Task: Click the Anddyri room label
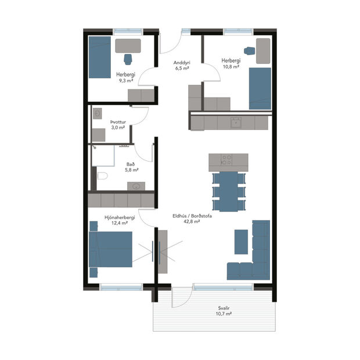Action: [x=182, y=62]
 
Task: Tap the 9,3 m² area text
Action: [x=126, y=81]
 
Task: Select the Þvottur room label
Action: [x=117, y=121]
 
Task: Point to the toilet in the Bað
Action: [x=101, y=177]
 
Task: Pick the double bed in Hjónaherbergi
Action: [x=112, y=249]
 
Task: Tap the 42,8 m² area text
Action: [x=192, y=221]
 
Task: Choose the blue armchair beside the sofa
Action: [x=241, y=242]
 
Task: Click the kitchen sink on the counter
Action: [x=236, y=122]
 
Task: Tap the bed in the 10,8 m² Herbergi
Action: [x=260, y=88]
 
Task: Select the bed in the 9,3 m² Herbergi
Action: [x=99, y=57]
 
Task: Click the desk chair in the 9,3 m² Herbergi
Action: [x=128, y=58]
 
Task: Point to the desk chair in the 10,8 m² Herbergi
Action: [x=250, y=51]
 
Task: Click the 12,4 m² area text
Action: [x=120, y=223]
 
